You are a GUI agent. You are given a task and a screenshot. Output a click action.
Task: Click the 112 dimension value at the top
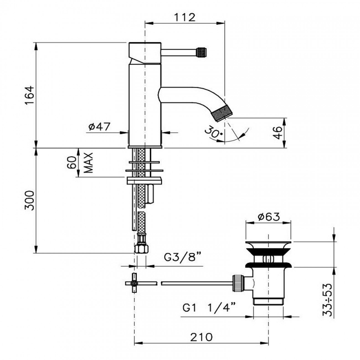pyautogui.click(x=185, y=17)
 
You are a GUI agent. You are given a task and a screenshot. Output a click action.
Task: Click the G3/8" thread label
pyautogui.click(x=182, y=258)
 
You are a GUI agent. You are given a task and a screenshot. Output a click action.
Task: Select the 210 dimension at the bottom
pyautogui.click(x=201, y=337)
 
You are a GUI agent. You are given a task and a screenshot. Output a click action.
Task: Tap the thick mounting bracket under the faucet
pyautogui.click(x=144, y=181)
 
